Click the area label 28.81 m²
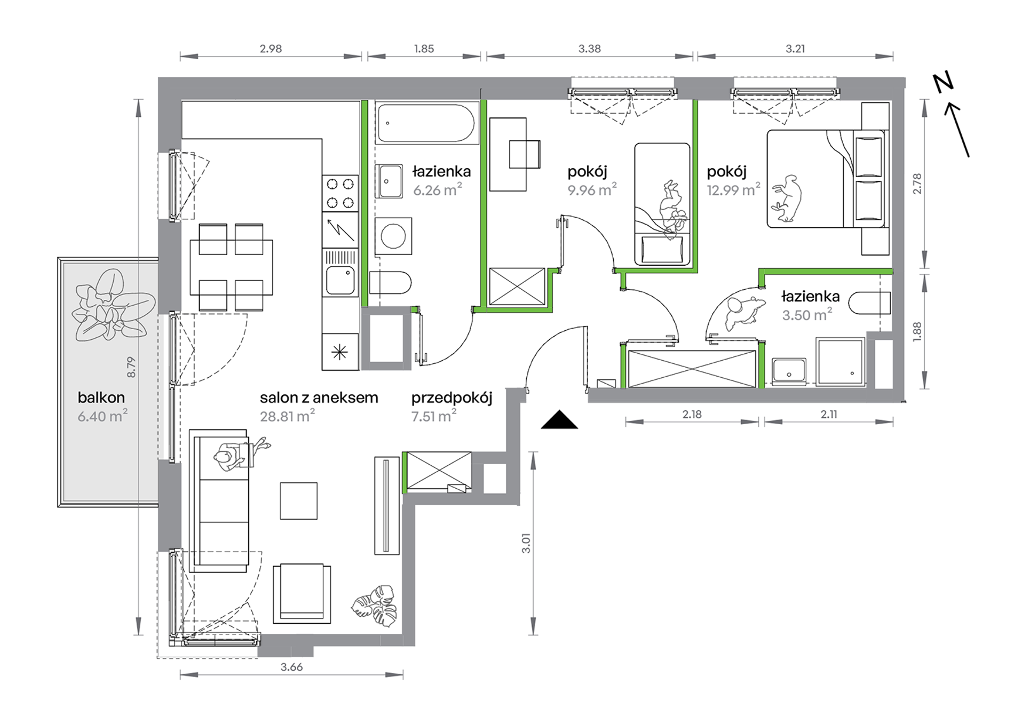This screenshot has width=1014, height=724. [287, 416]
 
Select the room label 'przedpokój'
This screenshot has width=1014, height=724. [451, 398]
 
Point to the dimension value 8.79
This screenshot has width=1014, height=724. [131, 367]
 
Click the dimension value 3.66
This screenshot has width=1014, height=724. [291, 667]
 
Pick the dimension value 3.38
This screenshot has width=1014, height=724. [589, 49]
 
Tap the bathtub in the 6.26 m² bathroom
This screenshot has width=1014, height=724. [426, 123]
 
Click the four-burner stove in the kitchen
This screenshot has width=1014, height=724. [340, 193]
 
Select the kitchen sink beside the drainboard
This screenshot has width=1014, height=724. [340, 280]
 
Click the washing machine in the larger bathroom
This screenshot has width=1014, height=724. [393, 236]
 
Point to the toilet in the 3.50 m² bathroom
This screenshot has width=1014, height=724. [869, 303]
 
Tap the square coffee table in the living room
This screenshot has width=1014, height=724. [299, 501]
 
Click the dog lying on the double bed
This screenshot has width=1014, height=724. [786, 198]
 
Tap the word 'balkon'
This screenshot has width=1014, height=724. [101, 397]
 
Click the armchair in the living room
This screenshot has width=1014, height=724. [302, 594]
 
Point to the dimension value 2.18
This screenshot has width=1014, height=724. [692, 414]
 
